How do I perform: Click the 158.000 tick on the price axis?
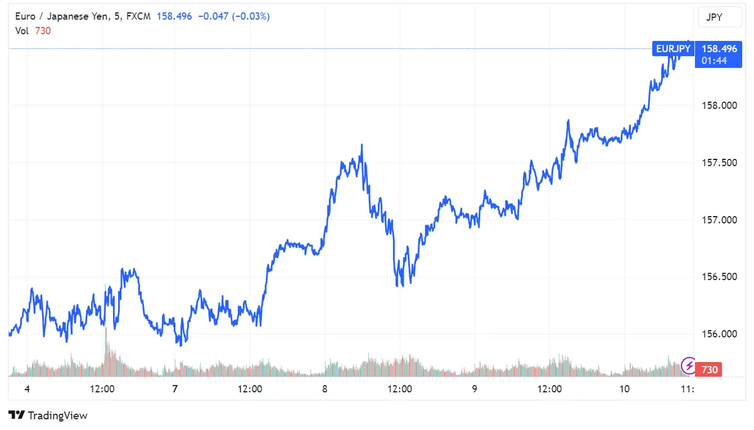point(719,105)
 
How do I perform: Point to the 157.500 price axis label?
point(719,163)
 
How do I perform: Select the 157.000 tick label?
point(719,220)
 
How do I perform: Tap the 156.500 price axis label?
point(719,277)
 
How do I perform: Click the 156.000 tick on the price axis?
point(719,334)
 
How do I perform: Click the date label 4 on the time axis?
point(27,389)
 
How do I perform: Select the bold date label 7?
point(175,389)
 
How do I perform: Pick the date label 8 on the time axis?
point(325,389)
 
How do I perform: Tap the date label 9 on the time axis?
point(474,389)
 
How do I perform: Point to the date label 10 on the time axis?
point(624,389)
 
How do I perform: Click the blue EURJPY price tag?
point(672,48)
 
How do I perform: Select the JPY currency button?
point(714,18)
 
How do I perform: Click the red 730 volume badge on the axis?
point(709,370)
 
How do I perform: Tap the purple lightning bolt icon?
point(689,364)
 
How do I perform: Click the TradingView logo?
point(48,416)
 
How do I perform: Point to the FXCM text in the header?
point(138,17)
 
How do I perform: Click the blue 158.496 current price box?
point(719,48)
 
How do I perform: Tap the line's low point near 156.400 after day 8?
point(399,286)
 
